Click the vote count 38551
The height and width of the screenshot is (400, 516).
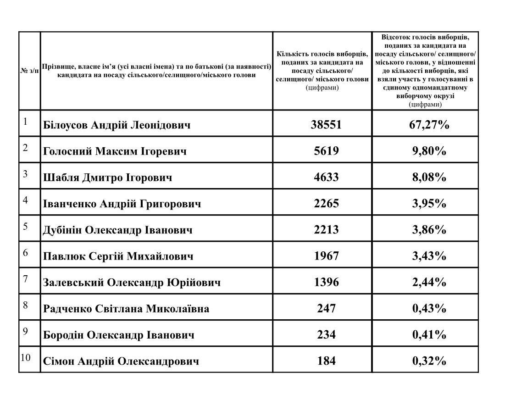326,124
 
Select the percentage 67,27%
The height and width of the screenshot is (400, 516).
429,124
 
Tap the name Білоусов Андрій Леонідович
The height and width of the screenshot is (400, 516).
117,125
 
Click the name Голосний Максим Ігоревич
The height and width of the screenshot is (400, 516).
115,151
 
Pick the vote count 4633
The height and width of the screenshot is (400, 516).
326,177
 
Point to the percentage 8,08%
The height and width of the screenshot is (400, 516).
429,177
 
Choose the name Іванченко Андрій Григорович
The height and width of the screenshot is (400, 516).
122,203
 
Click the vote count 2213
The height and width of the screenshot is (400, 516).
326,229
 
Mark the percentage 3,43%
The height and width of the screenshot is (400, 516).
429,256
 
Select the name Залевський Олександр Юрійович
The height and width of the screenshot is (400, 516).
132,282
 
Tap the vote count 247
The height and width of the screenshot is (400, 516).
326,308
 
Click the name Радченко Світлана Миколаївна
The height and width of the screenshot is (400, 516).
126,308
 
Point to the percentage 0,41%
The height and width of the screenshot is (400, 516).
429,334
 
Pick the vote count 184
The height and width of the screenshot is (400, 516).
326,361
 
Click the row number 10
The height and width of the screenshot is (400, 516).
25,357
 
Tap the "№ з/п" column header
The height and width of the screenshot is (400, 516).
29,71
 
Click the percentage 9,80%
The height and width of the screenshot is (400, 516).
429,151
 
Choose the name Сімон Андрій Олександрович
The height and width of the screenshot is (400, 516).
121,361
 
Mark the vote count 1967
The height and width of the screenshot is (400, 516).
326,256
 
